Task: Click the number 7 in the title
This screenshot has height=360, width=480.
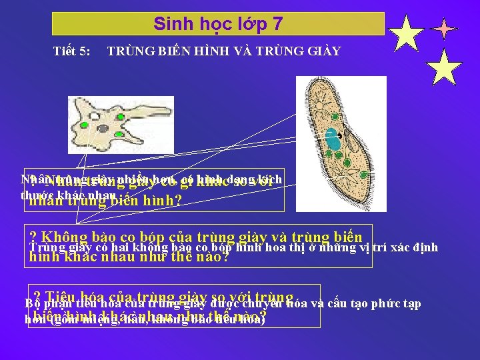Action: click(x=277, y=24)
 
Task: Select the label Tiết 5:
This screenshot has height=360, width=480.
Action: click(x=73, y=51)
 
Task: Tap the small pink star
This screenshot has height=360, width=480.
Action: click(x=444, y=29)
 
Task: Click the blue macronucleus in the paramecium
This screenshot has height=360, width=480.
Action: click(x=333, y=141)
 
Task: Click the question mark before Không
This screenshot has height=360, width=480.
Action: click(x=33, y=237)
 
